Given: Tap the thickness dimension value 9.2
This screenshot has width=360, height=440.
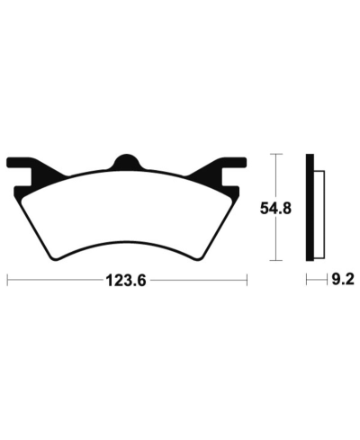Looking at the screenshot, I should click(340, 281).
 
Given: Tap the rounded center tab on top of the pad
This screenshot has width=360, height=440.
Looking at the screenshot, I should click(124, 162).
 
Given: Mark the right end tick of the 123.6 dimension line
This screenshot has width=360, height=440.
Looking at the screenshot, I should click(247, 281).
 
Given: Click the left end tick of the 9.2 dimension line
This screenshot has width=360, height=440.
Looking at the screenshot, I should click(306, 281).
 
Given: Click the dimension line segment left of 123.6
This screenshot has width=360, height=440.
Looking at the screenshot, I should click(54, 281).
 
